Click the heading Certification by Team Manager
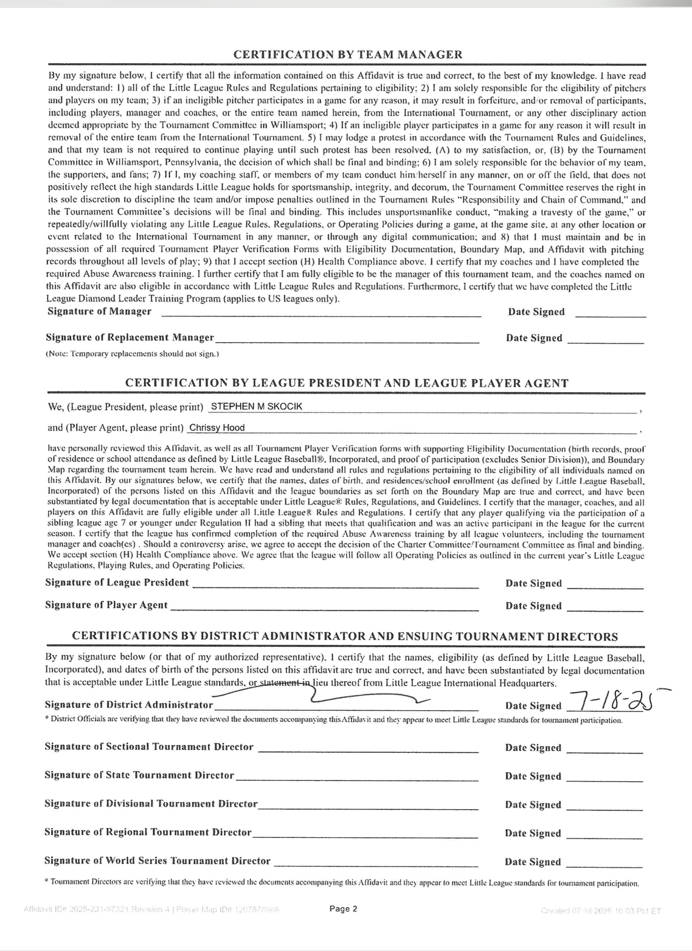click(x=348, y=55)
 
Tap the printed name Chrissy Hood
click(x=216, y=427)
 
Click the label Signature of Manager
click(x=99, y=311)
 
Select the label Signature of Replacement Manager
click(x=130, y=337)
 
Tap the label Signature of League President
click(x=117, y=583)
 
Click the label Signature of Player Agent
click(x=106, y=605)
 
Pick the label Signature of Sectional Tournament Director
click(x=149, y=747)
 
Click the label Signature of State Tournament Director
click(x=139, y=775)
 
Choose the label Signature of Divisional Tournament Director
click(x=151, y=804)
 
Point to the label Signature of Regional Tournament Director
click(x=148, y=832)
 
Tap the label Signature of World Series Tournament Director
click(x=157, y=861)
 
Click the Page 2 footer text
click(x=343, y=909)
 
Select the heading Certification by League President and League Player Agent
click(x=347, y=384)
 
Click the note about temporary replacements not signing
click(x=133, y=353)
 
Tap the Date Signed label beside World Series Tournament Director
click(x=533, y=862)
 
